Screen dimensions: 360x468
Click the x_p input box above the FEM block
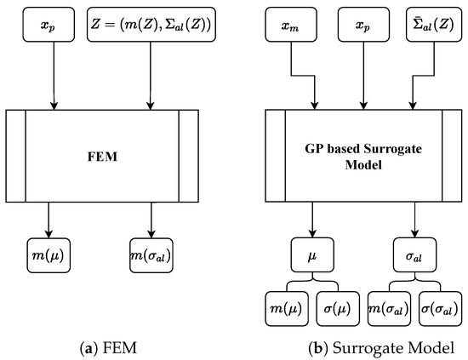(x=54, y=26)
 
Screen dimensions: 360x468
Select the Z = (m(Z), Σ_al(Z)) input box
(x=151, y=26)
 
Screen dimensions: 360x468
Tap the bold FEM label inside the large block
(x=102, y=157)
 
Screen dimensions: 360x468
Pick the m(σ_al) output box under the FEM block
(x=151, y=253)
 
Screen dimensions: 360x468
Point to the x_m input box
(x=293, y=26)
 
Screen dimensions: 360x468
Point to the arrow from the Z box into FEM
(x=151, y=77)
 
